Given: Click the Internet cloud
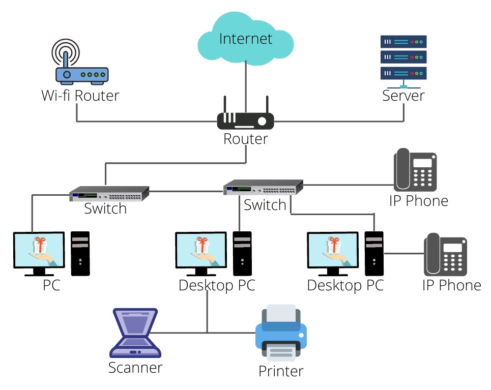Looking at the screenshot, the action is click(245, 39).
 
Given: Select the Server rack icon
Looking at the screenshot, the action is click(403, 62).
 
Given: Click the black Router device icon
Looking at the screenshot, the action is click(245, 117).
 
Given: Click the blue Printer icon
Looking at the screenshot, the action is click(281, 333).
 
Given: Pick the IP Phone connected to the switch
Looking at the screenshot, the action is click(415, 170).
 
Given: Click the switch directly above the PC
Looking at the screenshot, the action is click(109, 193).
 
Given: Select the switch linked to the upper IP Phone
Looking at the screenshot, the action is click(263, 187).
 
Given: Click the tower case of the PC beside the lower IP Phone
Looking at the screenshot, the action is click(374, 254).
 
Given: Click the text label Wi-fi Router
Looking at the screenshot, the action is click(80, 96).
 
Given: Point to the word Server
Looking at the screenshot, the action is click(403, 96).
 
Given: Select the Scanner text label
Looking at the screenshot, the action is click(135, 368).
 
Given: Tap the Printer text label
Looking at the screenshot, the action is click(281, 371).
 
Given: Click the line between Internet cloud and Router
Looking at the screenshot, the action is click(246, 87).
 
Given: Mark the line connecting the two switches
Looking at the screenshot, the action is click(186, 191).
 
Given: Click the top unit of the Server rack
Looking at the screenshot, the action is click(403, 42).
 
